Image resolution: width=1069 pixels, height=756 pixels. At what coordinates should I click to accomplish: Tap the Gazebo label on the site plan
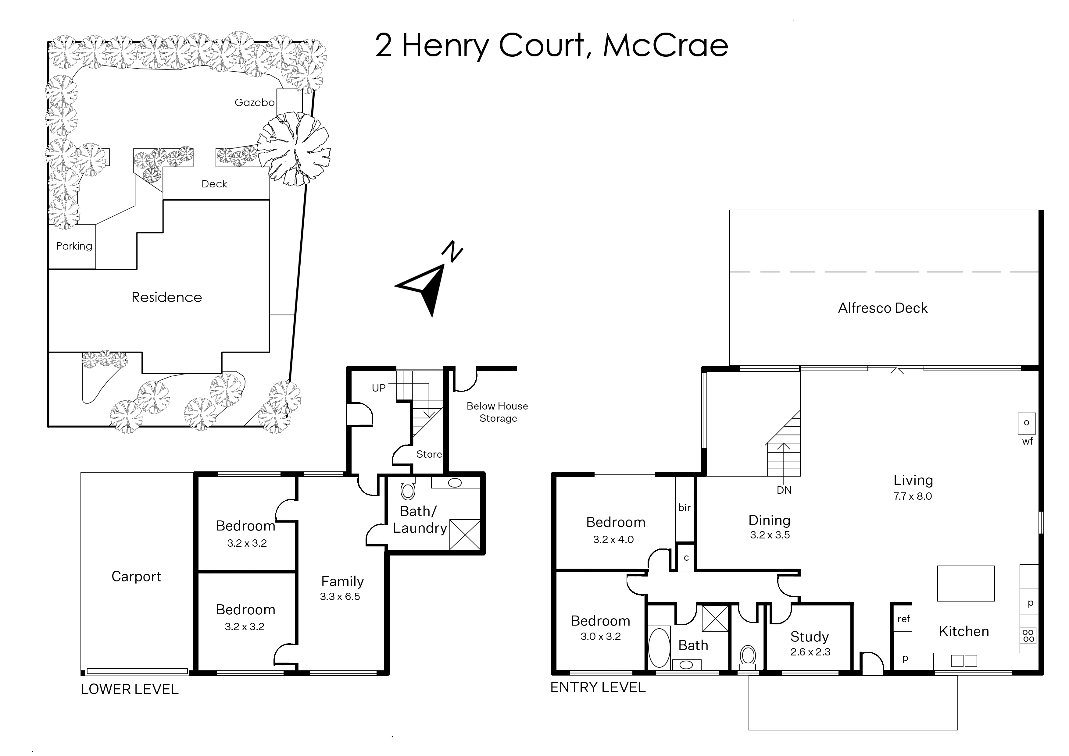click(254, 102)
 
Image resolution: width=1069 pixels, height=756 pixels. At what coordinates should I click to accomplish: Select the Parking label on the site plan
click(74, 246)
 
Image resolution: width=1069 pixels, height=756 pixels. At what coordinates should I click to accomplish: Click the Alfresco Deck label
click(883, 308)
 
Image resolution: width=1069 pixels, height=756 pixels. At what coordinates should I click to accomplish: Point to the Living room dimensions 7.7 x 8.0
click(913, 496)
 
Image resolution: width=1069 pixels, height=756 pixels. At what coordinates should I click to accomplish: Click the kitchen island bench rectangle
click(966, 583)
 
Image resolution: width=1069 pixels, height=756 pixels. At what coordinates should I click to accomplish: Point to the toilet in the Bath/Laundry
click(408, 488)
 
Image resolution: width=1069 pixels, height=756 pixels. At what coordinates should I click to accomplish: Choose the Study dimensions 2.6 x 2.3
click(810, 652)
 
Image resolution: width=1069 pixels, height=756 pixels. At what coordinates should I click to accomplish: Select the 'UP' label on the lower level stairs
click(379, 388)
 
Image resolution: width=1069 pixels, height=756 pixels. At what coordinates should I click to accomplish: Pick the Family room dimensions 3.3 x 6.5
click(340, 596)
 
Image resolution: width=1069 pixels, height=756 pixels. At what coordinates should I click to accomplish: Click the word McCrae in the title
click(666, 46)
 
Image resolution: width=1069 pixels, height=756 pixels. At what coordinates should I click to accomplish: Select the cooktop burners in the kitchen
click(1028, 635)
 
